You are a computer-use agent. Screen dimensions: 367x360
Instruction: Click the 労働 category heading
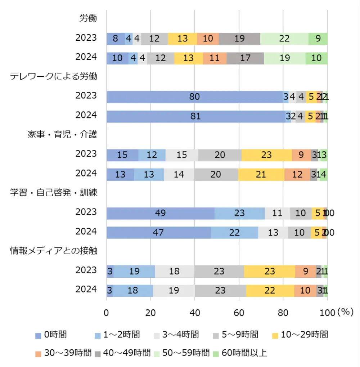(88, 18)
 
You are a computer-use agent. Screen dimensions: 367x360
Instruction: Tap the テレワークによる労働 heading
(54, 76)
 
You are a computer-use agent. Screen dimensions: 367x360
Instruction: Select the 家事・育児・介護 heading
(62, 134)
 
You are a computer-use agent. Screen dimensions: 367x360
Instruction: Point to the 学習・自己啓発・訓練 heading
(54, 193)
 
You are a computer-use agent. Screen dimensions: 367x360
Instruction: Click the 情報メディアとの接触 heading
(54, 251)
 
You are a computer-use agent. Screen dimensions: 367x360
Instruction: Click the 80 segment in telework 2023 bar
(194, 97)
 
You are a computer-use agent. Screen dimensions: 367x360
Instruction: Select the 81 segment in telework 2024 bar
(195, 116)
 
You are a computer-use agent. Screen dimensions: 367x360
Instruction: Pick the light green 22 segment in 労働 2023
(284, 39)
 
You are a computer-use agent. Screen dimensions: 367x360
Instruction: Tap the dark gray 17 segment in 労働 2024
(245, 58)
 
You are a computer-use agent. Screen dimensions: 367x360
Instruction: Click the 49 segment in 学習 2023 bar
(160, 213)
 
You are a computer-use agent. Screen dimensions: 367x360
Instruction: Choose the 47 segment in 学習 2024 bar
(158, 233)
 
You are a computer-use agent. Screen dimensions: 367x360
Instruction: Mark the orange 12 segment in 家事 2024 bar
(297, 175)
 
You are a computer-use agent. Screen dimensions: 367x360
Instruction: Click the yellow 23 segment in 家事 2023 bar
(266, 155)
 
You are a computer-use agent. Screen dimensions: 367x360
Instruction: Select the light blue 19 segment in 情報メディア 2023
(134, 272)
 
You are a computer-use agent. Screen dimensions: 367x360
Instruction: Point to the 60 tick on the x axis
(239, 313)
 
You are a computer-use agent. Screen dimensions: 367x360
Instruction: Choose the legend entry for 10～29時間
(300, 335)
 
